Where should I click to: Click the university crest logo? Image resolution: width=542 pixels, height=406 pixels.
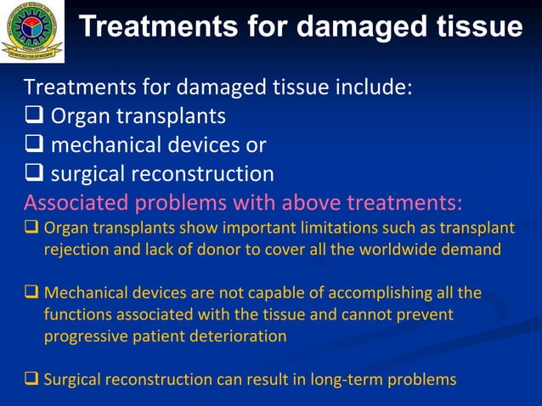(x=31, y=31)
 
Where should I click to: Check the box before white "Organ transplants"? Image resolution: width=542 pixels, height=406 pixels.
(x=35, y=116)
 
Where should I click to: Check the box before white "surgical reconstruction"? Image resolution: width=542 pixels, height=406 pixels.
(x=35, y=174)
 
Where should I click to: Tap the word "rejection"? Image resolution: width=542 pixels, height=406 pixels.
(x=76, y=249)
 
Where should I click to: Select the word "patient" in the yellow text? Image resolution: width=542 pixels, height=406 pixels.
(x=162, y=336)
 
